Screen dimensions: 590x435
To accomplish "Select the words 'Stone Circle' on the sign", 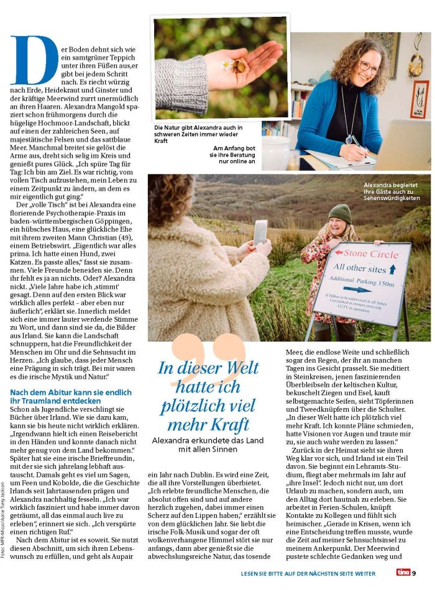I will [371, 255].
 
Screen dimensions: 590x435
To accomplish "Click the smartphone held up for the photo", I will [260, 232].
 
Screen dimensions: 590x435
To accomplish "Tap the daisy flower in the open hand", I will [227, 65].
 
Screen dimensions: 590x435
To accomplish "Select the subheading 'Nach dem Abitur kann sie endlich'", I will [70, 392].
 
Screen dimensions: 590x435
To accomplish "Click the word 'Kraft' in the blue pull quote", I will [217, 425].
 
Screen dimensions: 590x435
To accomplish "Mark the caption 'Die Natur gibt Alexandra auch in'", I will [198, 128].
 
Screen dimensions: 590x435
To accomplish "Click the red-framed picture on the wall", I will [419, 99].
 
